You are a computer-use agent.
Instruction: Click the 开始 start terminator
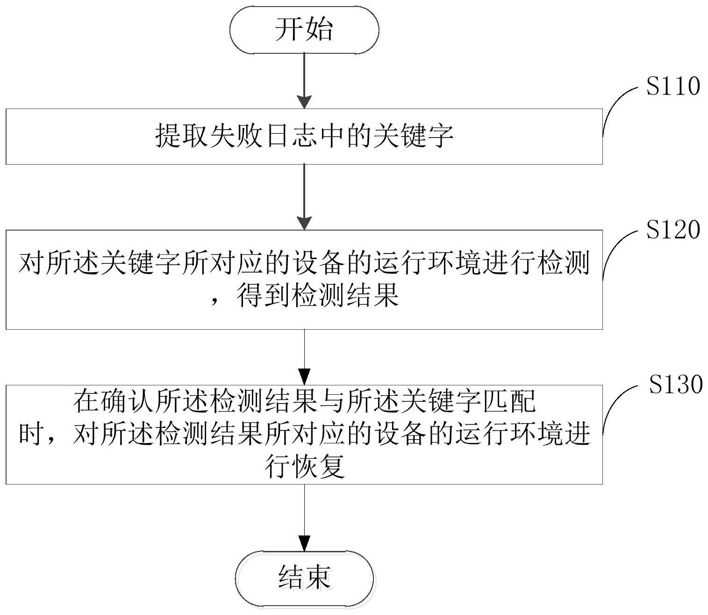[304, 29]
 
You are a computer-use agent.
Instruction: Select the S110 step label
[673, 87]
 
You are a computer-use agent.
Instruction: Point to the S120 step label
[673, 230]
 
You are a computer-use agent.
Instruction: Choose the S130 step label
[676, 384]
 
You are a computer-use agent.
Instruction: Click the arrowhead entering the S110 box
[304, 102]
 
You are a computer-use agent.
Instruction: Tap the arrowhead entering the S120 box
[304, 223]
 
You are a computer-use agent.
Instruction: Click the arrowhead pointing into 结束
[304, 543]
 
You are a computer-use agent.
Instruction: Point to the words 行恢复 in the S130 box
[305, 466]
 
